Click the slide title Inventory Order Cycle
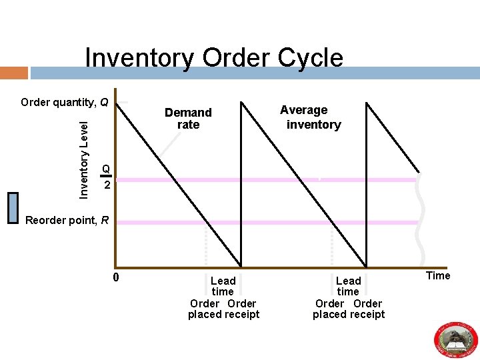coord(214,58)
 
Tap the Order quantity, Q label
coord(64,102)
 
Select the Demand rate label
coord(188,118)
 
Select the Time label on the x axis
coord(438,275)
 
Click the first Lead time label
coord(223,286)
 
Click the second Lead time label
coord(348,286)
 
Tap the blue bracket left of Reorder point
coord(11,207)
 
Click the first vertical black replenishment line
coord(241,183)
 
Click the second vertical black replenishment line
coord(367,183)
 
